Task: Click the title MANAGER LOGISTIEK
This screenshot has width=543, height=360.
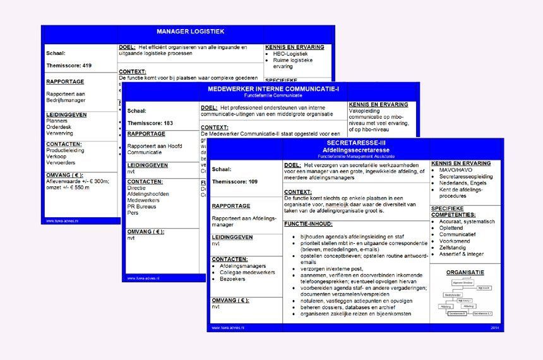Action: click(190, 31)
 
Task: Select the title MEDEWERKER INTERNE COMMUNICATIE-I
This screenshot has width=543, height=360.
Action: click(273, 88)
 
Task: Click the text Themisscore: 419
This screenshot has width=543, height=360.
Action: click(69, 65)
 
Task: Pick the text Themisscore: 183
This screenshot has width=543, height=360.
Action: click(150, 123)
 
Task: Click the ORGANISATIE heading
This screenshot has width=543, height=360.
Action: click(465, 272)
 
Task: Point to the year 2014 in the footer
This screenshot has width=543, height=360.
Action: click(494, 328)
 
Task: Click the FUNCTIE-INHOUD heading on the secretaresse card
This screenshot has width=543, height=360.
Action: click(308, 224)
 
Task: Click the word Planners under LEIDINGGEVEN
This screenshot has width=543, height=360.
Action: click(57, 120)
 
